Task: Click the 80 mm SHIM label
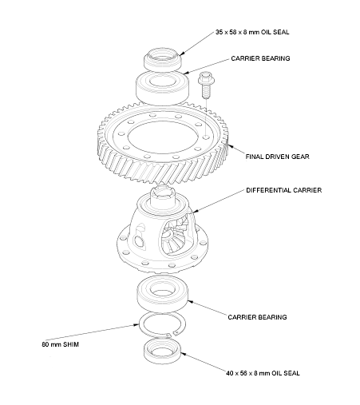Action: pos(60,345)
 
